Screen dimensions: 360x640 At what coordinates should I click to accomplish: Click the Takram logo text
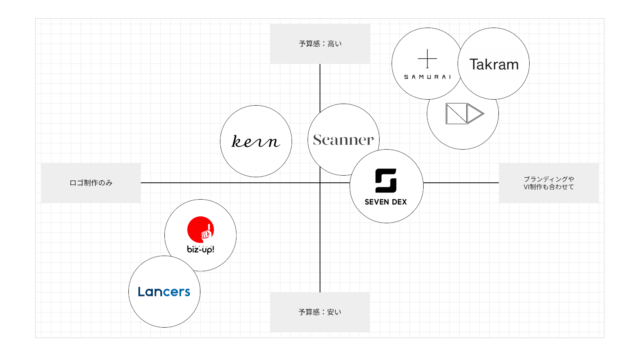(x=494, y=64)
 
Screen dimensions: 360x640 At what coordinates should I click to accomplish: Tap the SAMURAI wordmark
(x=427, y=77)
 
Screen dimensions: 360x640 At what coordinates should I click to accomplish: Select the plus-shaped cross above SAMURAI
(x=427, y=59)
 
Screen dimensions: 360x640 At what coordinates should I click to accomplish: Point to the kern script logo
(x=256, y=141)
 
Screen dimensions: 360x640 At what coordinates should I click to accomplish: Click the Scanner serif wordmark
(x=343, y=140)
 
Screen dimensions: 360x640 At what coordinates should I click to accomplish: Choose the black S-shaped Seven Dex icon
(x=386, y=180)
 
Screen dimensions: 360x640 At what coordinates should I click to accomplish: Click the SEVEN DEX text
(x=386, y=202)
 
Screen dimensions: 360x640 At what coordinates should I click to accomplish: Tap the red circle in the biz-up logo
(x=200, y=229)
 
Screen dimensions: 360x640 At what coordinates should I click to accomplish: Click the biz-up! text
(x=200, y=250)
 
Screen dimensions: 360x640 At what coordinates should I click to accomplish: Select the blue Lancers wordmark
(x=164, y=292)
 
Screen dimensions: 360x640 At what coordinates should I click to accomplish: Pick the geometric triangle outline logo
(x=464, y=114)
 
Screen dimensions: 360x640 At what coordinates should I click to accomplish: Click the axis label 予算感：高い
(x=320, y=44)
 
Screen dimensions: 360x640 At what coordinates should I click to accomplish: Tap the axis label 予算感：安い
(x=320, y=312)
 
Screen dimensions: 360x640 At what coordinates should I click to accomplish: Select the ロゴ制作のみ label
(x=91, y=183)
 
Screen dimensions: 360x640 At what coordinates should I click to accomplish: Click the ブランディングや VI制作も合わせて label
(x=549, y=183)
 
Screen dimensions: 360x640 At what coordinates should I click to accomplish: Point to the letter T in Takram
(x=474, y=64)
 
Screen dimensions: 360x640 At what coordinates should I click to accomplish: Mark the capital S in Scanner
(x=317, y=140)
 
